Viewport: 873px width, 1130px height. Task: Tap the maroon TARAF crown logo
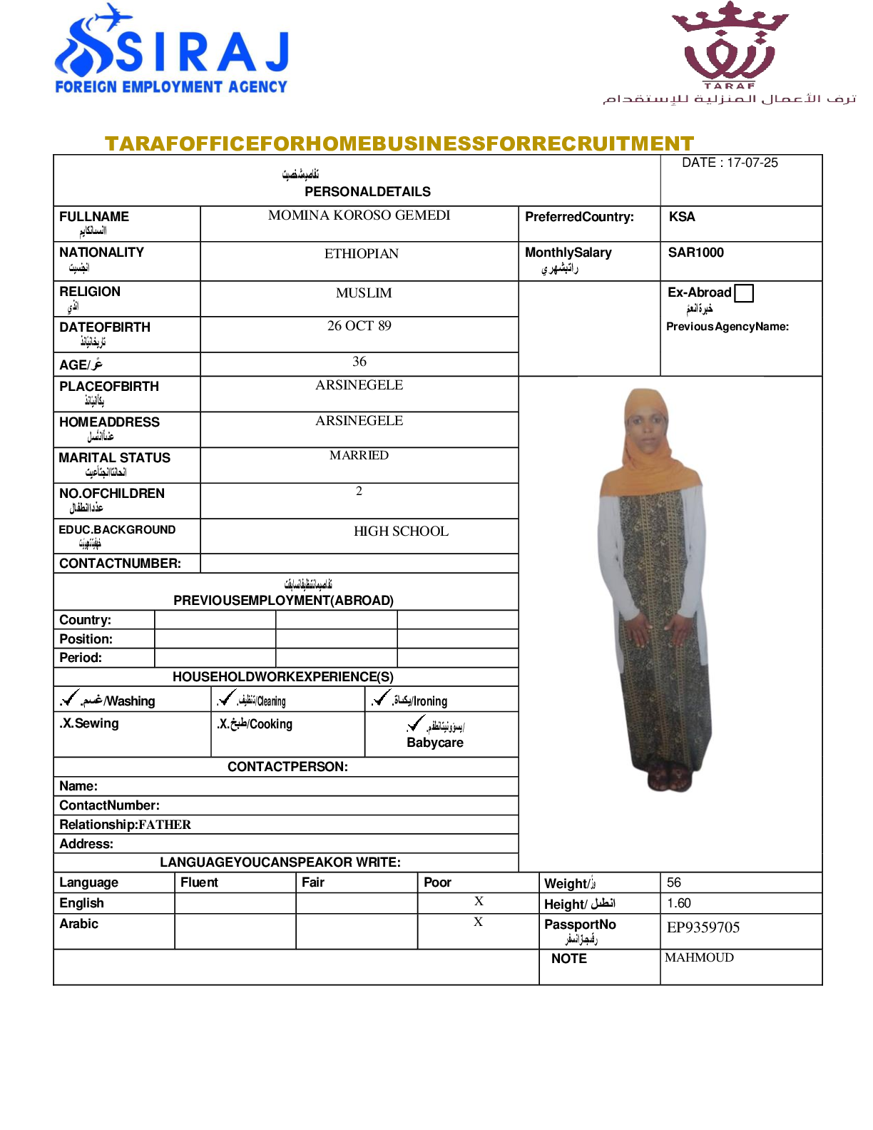(x=730, y=44)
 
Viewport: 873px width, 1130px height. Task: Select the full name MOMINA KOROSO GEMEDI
(x=359, y=215)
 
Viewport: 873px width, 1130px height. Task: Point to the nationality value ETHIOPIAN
(x=361, y=254)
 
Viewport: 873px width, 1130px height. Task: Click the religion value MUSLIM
(x=364, y=293)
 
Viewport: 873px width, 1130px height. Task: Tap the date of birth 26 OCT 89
(x=359, y=326)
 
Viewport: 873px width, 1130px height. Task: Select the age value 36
(x=359, y=362)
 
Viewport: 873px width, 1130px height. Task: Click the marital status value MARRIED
(x=359, y=455)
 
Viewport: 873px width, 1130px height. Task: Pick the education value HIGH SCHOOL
(x=401, y=531)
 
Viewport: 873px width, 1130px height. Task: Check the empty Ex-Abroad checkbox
(x=744, y=293)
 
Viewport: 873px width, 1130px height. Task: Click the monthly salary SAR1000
(x=695, y=253)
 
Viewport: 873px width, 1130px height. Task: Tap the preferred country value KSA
(x=682, y=217)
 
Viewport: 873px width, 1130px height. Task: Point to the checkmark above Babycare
(x=415, y=724)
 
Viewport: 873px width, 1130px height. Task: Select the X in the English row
(x=479, y=902)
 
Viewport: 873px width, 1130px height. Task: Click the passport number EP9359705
(x=703, y=927)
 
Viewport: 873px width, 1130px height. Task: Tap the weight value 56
(x=674, y=882)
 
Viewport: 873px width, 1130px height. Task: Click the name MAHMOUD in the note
(x=699, y=957)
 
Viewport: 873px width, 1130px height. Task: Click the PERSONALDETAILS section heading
(x=367, y=192)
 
